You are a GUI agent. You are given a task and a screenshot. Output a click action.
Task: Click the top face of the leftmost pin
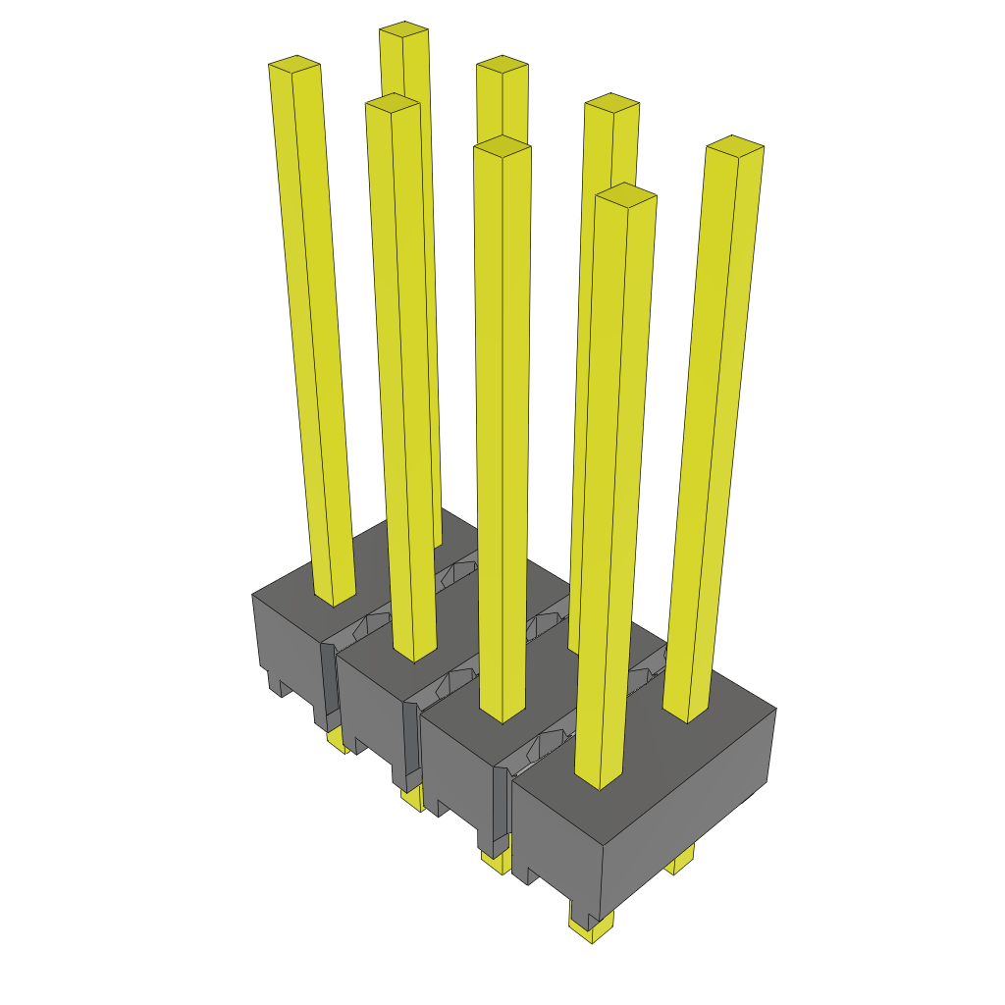click(294, 64)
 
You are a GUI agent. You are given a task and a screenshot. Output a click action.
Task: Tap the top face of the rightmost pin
click(735, 145)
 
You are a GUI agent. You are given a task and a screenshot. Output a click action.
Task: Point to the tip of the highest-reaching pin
click(403, 29)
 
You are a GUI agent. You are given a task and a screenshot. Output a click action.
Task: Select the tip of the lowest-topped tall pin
click(626, 194)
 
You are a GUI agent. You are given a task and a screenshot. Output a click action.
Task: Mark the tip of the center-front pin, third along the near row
click(502, 146)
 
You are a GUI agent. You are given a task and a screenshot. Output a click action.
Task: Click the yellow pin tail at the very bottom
click(592, 928)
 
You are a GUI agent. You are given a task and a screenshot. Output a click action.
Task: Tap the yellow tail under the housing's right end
click(682, 861)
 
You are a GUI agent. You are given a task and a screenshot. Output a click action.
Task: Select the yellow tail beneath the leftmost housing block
click(338, 742)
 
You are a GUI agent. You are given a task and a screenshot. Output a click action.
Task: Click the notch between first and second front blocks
click(331, 687)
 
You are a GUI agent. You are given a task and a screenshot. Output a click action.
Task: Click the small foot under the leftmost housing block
click(278, 685)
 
